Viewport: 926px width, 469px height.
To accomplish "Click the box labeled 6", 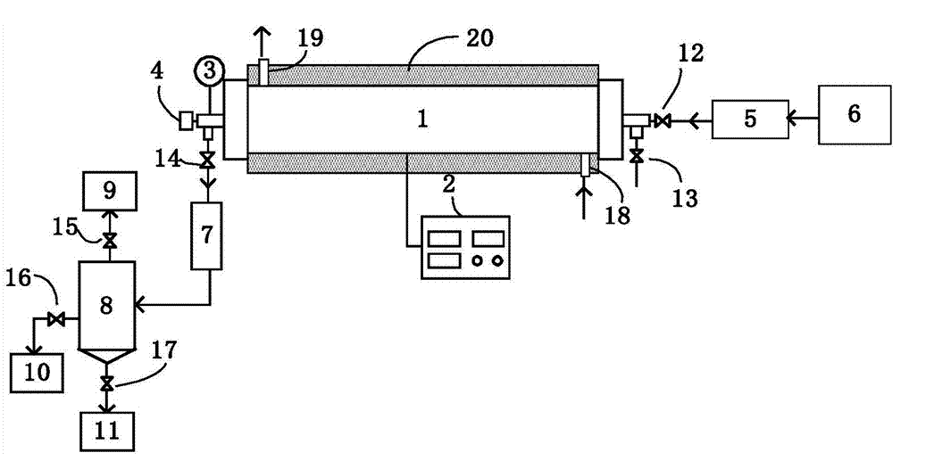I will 855,115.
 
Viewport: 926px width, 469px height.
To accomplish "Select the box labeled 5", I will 749,119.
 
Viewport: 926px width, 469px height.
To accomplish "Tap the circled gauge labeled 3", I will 207,68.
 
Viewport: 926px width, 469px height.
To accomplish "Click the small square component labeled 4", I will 187,119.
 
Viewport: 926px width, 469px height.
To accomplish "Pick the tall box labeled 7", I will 207,236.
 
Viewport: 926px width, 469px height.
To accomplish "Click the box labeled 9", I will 109,190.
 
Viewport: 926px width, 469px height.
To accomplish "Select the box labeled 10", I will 37,371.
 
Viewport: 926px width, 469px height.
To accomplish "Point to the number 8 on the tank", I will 106,306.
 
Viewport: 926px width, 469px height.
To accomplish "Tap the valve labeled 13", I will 636,157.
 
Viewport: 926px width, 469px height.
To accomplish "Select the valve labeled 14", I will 207,160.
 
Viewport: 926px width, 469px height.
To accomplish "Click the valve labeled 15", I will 109,241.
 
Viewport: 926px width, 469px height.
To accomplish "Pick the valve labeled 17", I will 107,384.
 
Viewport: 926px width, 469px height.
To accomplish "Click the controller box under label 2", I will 464,248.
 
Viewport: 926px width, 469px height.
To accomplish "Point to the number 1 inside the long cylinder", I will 423,119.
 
